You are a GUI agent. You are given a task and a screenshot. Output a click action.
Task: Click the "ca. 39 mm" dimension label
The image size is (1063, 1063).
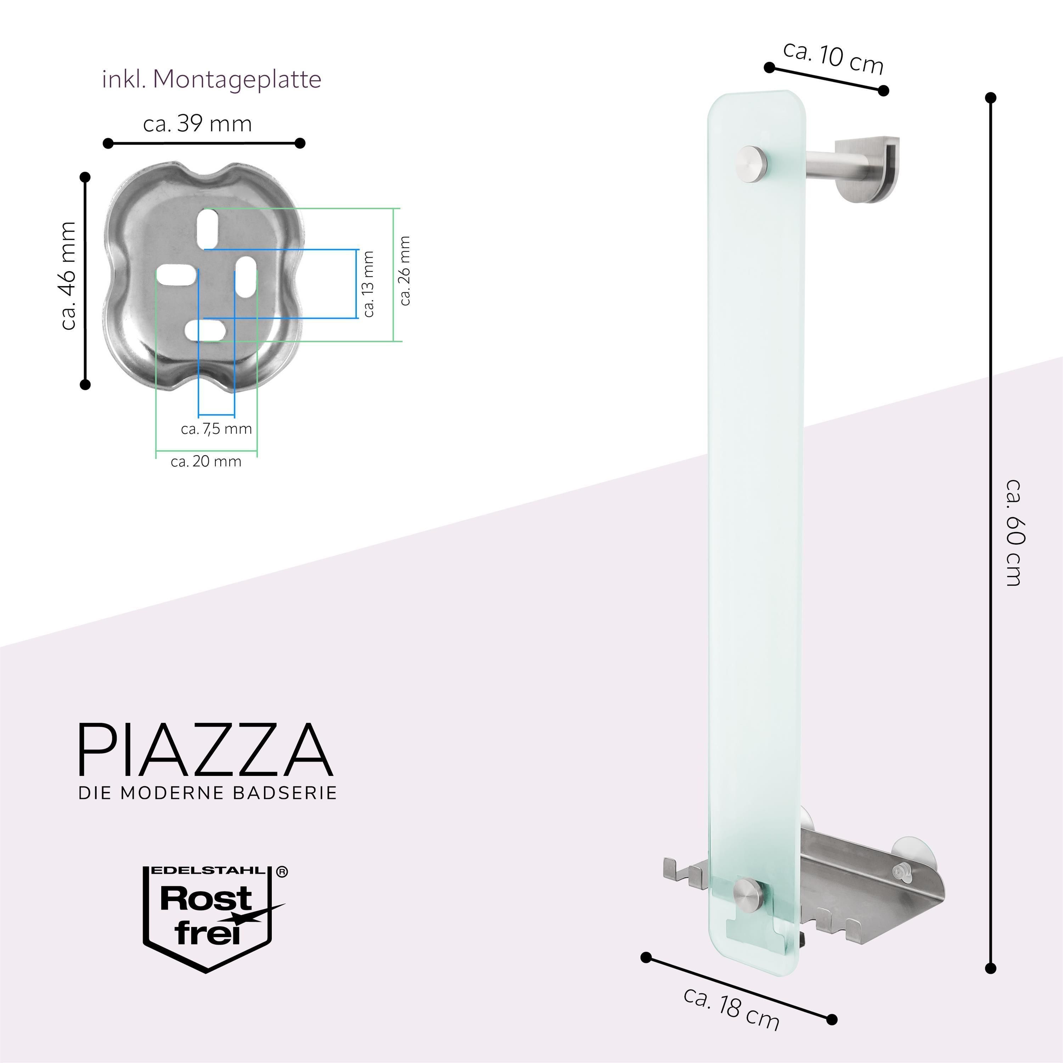(x=197, y=124)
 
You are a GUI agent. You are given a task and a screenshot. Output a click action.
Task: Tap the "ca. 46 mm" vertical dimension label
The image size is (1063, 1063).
(x=69, y=275)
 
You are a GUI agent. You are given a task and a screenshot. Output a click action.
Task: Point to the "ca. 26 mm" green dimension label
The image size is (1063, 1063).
(x=405, y=270)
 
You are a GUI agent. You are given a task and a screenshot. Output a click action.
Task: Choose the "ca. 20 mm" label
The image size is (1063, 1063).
(x=206, y=461)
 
